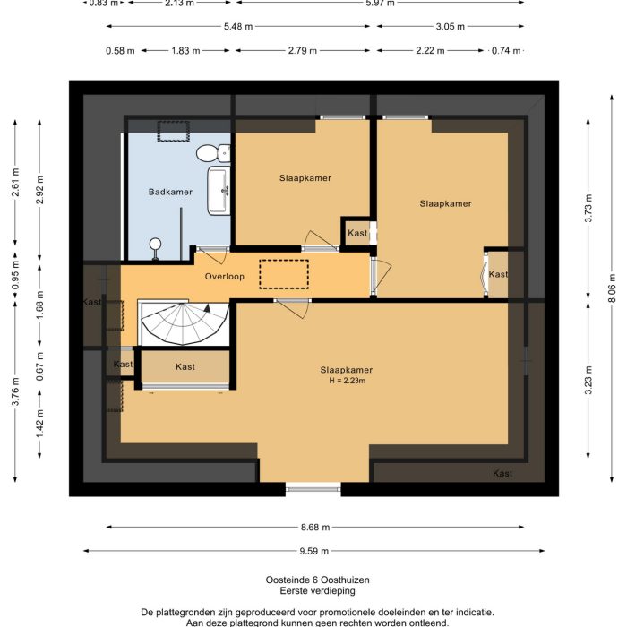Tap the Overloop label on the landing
pyautogui.click(x=224, y=277)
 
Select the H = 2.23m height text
pyautogui.click(x=347, y=382)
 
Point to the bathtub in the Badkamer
pyautogui.click(x=219, y=191)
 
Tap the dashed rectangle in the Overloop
pyautogui.click(x=283, y=274)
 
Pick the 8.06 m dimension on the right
pyautogui.click(x=614, y=294)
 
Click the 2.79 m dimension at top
pyautogui.click(x=300, y=51)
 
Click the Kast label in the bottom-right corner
pyautogui.click(x=502, y=473)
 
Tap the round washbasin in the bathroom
pyautogui.click(x=156, y=243)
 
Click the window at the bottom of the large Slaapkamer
pyautogui.click(x=313, y=488)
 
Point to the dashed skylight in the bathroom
pyautogui.click(x=173, y=132)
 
